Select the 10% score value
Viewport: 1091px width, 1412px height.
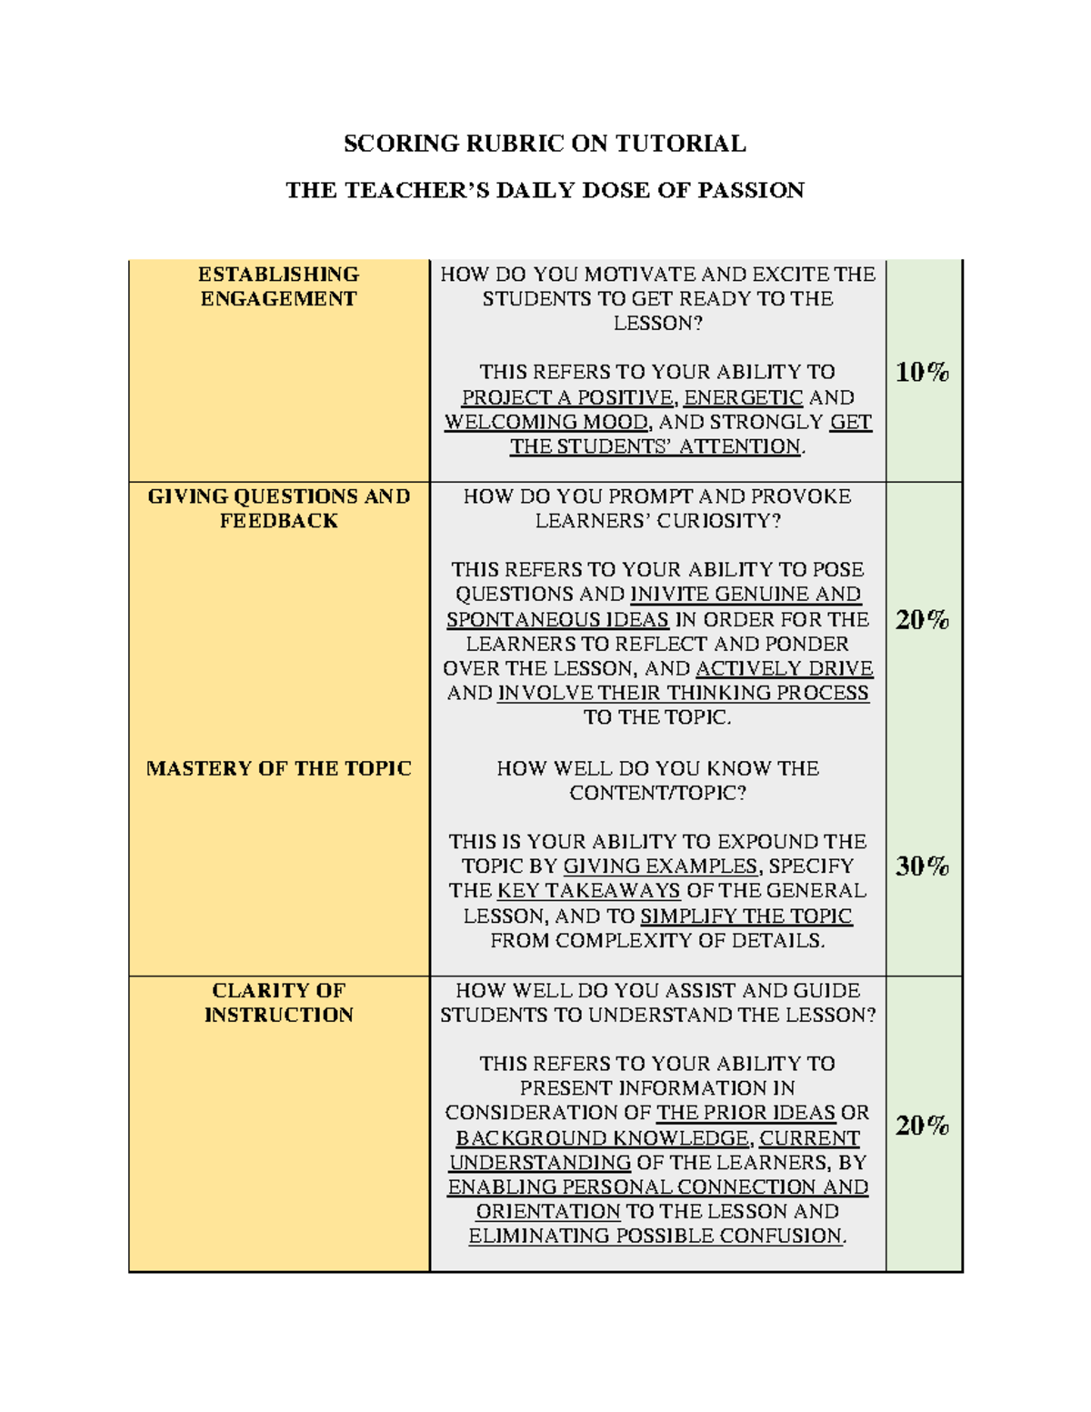click(x=922, y=372)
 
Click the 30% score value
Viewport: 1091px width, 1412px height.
click(x=922, y=866)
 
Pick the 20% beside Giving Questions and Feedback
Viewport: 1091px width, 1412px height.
click(x=922, y=620)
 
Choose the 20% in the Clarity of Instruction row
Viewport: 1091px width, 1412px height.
click(x=922, y=1126)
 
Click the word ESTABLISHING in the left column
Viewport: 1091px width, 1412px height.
click(x=278, y=275)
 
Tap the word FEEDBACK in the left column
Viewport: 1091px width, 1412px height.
click(x=278, y=521)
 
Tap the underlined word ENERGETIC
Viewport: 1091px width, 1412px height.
click(x=743, y=397)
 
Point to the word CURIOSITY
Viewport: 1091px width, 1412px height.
click(x=717, y=521)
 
